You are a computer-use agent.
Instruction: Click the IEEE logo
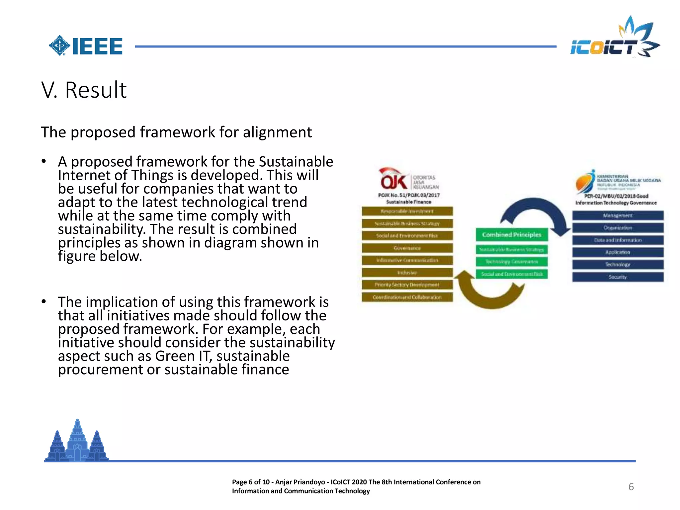86,46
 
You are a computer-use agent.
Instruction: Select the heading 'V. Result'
84,90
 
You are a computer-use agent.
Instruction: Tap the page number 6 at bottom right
631,487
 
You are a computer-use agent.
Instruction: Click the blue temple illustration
77,442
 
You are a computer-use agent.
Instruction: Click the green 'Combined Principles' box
511,235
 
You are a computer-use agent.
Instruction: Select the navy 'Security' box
618,277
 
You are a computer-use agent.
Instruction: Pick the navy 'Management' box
618,215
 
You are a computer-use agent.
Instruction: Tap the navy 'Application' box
618,252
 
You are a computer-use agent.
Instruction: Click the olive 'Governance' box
407,248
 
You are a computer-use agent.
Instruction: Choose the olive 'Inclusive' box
407,273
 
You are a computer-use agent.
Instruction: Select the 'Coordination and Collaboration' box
407,297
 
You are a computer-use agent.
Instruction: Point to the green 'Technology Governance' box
511,262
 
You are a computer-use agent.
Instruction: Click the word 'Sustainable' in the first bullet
296,162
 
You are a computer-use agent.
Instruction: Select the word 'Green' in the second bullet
175,356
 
